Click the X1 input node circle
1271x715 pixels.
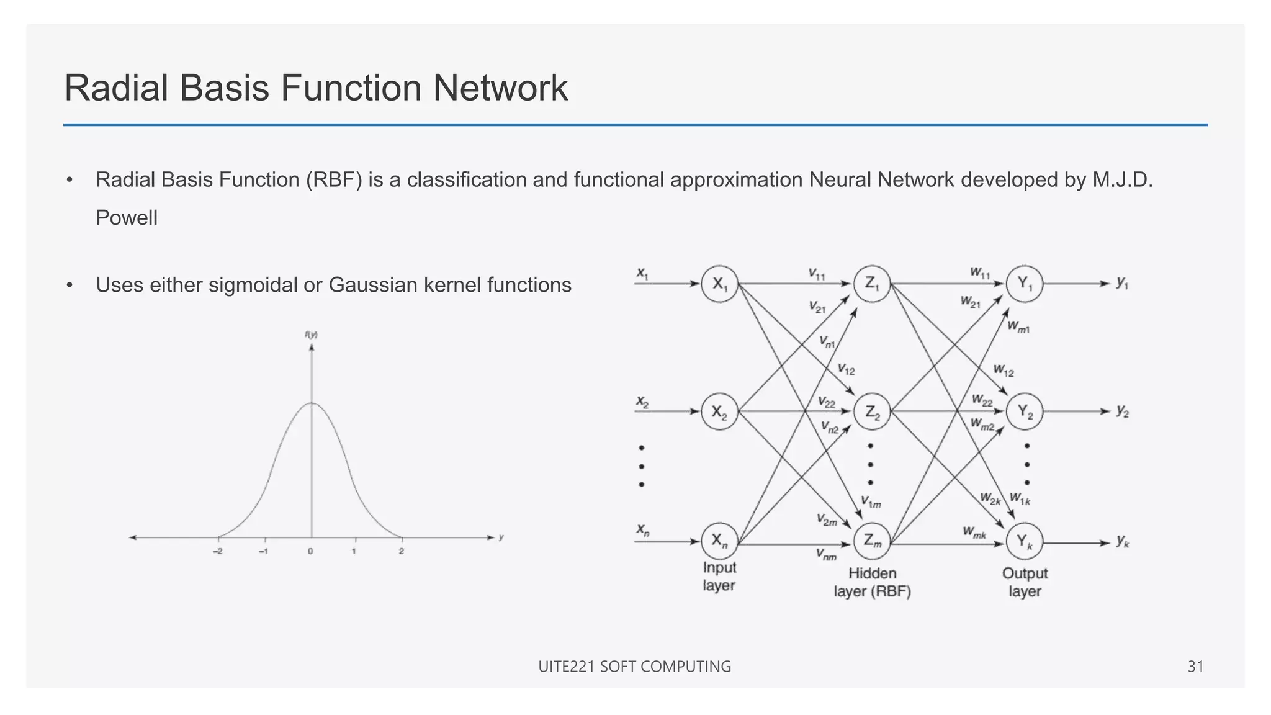719,284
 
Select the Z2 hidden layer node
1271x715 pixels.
872,411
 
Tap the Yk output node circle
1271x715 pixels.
1025,542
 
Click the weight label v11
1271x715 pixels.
817,274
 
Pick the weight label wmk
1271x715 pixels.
974,532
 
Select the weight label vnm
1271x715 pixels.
826,554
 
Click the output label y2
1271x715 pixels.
1123,411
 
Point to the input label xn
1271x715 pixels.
643,530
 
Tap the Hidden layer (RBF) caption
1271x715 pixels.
872,582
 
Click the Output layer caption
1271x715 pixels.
1025,582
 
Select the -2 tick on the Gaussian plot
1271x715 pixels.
218,551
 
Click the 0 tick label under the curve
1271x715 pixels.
310,551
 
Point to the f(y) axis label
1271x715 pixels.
311,335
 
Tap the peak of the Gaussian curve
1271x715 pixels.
312,403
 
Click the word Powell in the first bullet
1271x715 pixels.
127,218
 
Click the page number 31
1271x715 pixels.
1195,667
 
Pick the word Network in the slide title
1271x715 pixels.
500,88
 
